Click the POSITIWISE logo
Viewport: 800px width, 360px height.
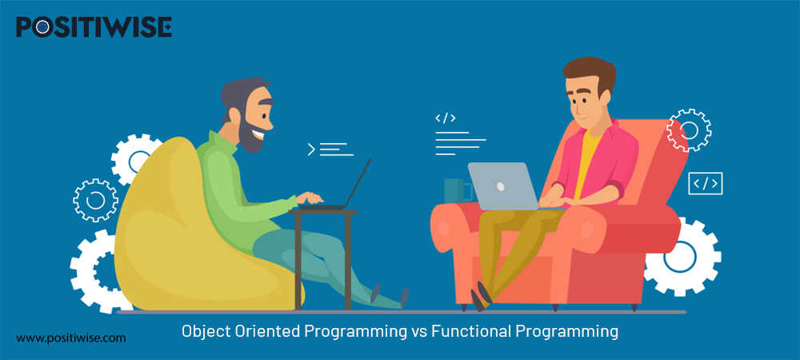(x=94, y=27)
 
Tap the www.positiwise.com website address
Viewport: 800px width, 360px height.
(x=71, y=338)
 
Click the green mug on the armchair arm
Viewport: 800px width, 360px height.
(x=457, y=190)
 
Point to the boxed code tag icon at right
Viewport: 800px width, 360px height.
(x=705, y=184)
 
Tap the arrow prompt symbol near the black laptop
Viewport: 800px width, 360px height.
(x=311, y=149)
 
